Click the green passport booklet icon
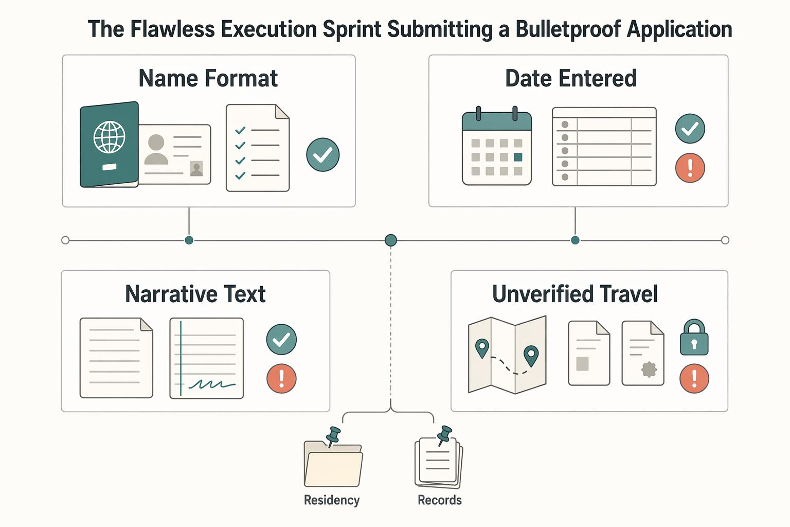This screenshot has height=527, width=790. [109, 145]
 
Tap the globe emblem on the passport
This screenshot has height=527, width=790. [110, 137]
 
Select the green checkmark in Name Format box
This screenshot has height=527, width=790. [322, 154]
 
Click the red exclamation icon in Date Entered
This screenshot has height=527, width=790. [690, 168]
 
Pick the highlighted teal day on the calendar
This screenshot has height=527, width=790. [518, 157]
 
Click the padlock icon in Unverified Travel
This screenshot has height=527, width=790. [694, 337]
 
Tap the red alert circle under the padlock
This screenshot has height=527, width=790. [694, 378]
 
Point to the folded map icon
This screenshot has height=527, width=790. [507, 355]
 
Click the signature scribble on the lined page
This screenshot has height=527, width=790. [212, 384]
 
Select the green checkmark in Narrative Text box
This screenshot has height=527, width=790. [281, 339]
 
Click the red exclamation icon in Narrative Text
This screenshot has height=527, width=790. [281, 378]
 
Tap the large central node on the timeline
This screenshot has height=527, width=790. [390, 240]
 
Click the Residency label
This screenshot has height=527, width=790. [332, 500]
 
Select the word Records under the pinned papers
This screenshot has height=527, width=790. [440, 500]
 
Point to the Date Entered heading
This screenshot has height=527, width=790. [571, 78]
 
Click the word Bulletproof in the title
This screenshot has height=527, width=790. [568, 30]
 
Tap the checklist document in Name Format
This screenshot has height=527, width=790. [258, 148]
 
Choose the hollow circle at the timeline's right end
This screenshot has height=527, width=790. [725, 240]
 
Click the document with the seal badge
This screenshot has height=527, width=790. [642, 353]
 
